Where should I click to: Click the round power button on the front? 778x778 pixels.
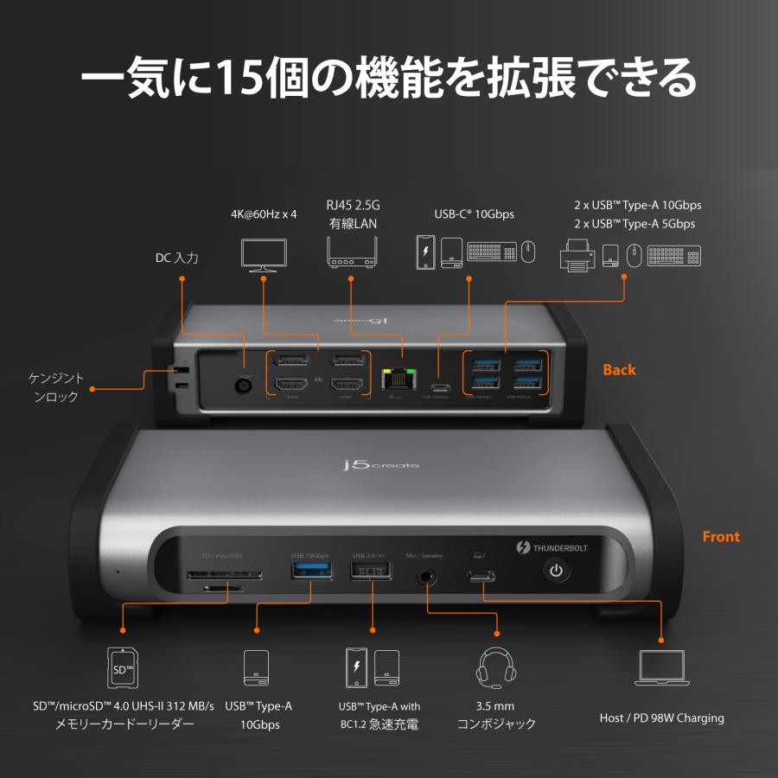556,571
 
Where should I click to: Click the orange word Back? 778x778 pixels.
619,370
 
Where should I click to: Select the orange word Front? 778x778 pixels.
720,537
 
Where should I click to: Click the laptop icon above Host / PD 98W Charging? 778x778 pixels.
661,668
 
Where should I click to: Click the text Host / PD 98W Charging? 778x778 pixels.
661,717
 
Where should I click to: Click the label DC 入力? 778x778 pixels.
177,258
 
